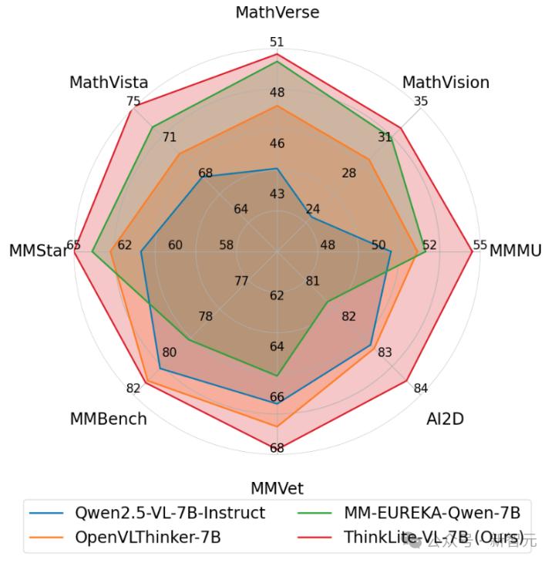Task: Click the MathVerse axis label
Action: [277, 12]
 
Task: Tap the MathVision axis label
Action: [446, 82]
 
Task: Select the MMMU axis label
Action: [516, 251]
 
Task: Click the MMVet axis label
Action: [277, 487]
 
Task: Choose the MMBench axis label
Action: [109, 419]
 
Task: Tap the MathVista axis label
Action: [109, 82]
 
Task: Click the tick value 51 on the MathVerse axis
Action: [277, 42]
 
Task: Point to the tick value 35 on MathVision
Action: [421, 101]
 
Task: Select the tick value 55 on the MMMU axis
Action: [480, 245]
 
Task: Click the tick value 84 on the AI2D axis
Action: [421, 388]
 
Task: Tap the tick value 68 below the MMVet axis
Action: [277, 448]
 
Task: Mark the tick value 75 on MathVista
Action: [133, 101]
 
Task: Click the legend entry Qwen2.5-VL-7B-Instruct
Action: [170, 513]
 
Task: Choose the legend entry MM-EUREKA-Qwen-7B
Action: [432, 513]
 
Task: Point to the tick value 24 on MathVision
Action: [312, 208]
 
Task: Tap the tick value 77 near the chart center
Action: [241, 281]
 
